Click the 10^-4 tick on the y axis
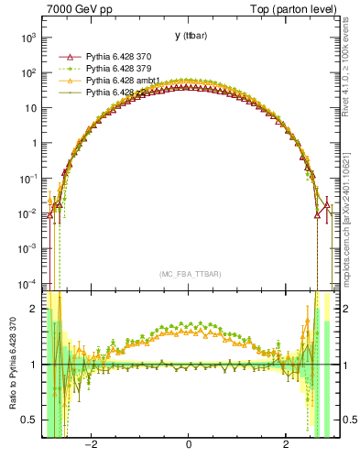click(29, 283)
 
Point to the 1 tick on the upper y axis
click(33, 143)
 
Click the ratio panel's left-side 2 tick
click(35, 309)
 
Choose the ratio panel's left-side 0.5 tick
click(31, 420)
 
